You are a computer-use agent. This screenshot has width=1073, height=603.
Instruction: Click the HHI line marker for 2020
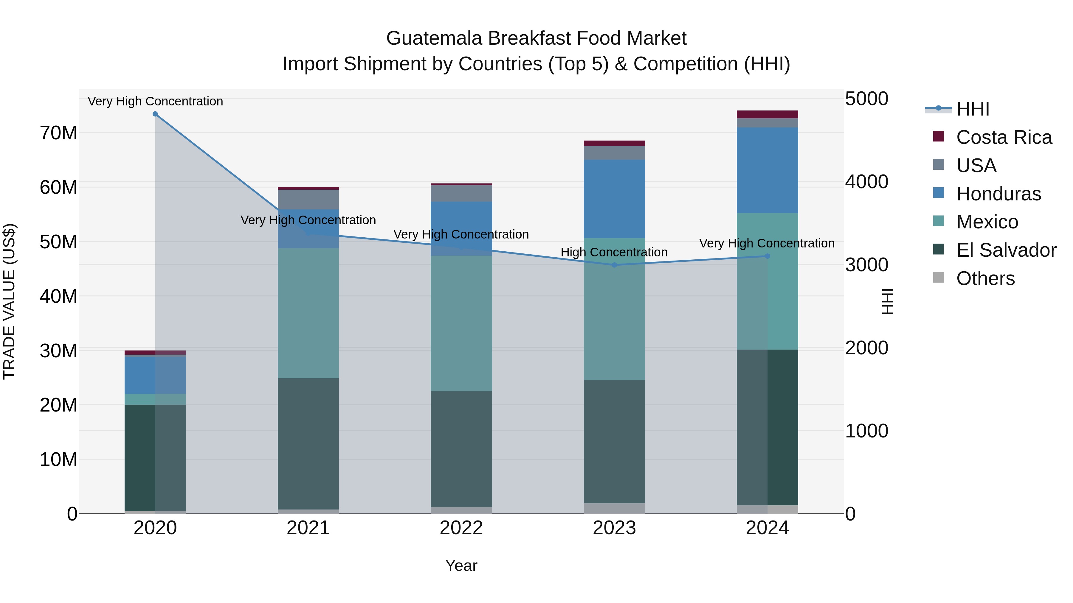[x=155, y=114]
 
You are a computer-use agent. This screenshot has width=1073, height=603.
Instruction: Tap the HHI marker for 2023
[x=614, y=265]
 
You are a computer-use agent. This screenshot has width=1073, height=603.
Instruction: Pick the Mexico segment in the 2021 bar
[x=308, y=313]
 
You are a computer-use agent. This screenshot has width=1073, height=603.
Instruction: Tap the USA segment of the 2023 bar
[x=614, y=153]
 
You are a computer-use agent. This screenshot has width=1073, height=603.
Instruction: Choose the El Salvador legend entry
[x=1006, y=250]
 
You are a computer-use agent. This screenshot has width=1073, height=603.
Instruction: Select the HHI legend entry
[x=972, y=109]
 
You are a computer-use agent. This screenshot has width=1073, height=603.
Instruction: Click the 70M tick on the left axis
[x=58, y=133]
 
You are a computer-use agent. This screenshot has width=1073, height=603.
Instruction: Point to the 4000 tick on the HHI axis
[x=866, y=182]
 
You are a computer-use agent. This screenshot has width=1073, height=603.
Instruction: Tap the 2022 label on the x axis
[x=461, y=528]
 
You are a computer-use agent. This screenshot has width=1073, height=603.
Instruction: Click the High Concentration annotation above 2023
[x=614, y=252]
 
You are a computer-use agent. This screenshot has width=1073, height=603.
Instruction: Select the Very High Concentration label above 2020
[x=155, y=101]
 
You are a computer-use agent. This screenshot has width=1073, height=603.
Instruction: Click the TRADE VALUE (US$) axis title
[x=9, y=301]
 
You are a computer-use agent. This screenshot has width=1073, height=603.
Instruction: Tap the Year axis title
[x=461, y=565]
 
